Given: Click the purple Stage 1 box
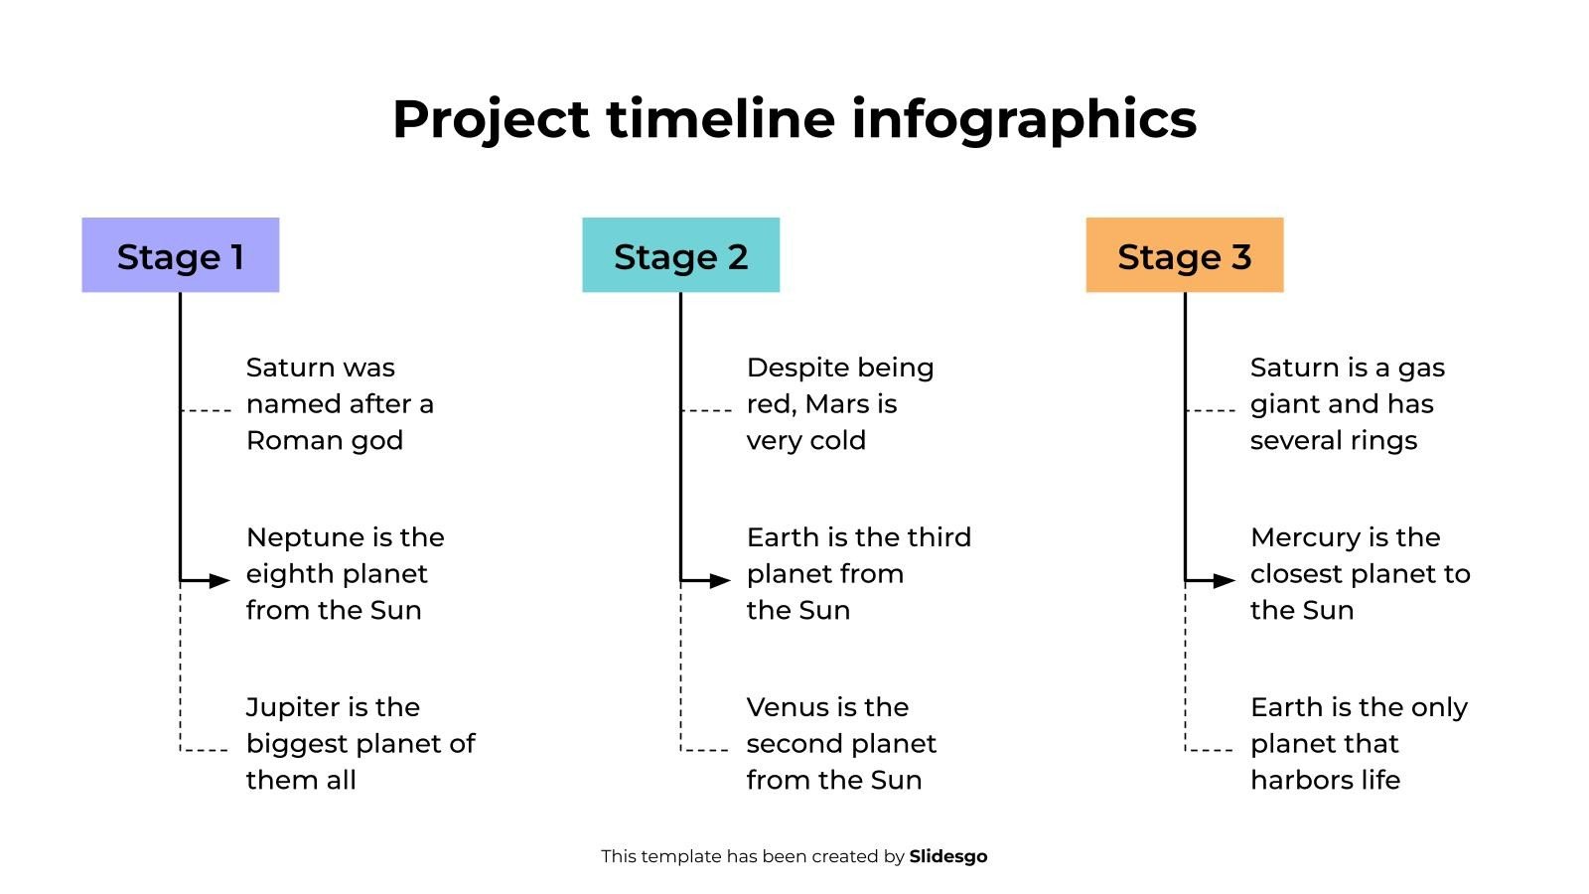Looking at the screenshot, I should [x=180, y=255].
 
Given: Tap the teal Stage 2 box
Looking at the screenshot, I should [x=680, y=255].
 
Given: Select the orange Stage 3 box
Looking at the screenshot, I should [x=1184, y=255].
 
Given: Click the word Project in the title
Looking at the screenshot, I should [x=491, y=120].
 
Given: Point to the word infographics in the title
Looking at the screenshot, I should [x=1024, y=120].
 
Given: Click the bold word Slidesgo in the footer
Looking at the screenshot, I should [x=948, y=856].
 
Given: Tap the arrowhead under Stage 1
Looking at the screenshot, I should [x=220, y=580].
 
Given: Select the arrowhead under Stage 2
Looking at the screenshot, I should [x=721, y=580].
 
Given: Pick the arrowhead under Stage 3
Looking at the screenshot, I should [x=1226, y=580].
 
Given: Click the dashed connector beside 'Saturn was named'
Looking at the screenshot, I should [x=207, y=410].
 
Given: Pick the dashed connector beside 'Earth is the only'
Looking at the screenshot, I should [x=1211, y=750].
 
